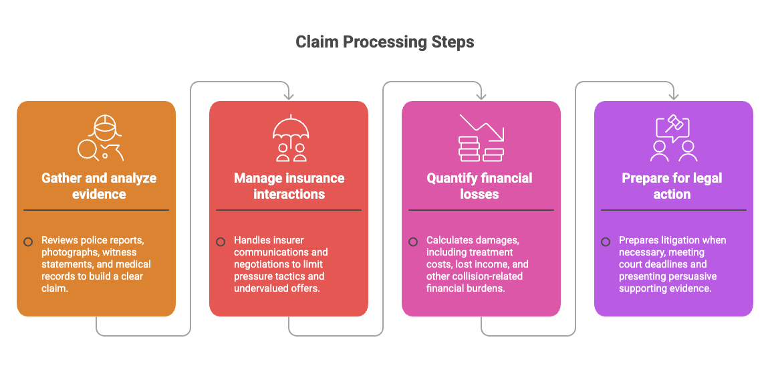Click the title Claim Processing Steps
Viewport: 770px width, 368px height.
click(x=385, y=42)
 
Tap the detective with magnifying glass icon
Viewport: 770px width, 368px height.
click(x=101, y=138)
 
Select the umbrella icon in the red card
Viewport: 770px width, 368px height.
click(x=291, y=138)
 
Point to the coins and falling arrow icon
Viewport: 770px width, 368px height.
click(x=481, y=138)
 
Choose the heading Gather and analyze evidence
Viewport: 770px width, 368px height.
click(x=99, y=186)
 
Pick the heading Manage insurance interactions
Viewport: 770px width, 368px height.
click(x=289, y=186)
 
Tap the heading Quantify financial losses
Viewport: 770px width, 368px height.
click(x=479, y=186)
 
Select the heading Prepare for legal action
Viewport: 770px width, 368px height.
click(x=672, y=186)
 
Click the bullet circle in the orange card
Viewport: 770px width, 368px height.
click(x=28, y=242)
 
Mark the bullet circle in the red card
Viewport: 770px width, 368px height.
click(x=221, y=242)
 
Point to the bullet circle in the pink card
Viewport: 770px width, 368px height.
click(x=413, y=242)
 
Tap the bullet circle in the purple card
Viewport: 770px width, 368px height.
click(x=606, y=242)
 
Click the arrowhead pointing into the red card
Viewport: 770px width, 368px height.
click(x=289, y=96)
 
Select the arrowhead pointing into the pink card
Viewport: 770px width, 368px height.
click(x=481, y=96)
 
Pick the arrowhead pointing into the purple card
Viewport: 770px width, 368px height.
click(x=674, y=96)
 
